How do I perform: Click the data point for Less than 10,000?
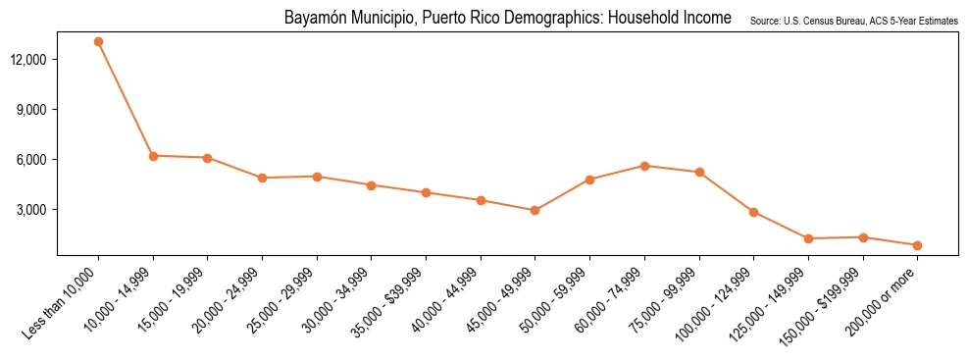tap(98, 41)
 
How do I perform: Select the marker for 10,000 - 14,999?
tap(153, 156)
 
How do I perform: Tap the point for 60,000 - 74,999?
tap(644, 166)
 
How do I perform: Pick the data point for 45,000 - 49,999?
tap(535, 210)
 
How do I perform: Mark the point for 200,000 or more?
tap(917, 245)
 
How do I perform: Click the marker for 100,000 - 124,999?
tap(753, 212)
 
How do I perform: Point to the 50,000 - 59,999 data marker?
tap(589, 180)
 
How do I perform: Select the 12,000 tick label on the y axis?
tap(38, 60)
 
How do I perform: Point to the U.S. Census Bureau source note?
tap(853, 21)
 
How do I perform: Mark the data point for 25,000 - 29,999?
tap(317, 177)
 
